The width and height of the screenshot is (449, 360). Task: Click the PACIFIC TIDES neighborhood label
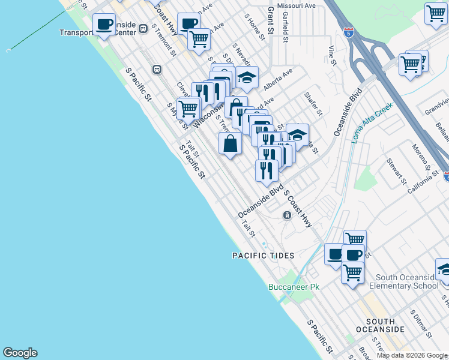pyautogui.click(x=263, y=256)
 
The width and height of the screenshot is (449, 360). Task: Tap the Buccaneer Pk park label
pyautogui.click(x=294, y=287)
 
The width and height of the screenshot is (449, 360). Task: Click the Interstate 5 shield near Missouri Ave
pyautogui.click(x=348, y=31)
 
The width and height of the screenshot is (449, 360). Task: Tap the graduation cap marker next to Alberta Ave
pyautogui.click(x=247, y=76)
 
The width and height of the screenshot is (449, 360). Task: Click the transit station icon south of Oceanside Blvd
pyautogui.click(x=288, y=215)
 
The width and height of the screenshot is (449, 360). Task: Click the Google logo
pyautogui.click(x=20, y=353)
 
